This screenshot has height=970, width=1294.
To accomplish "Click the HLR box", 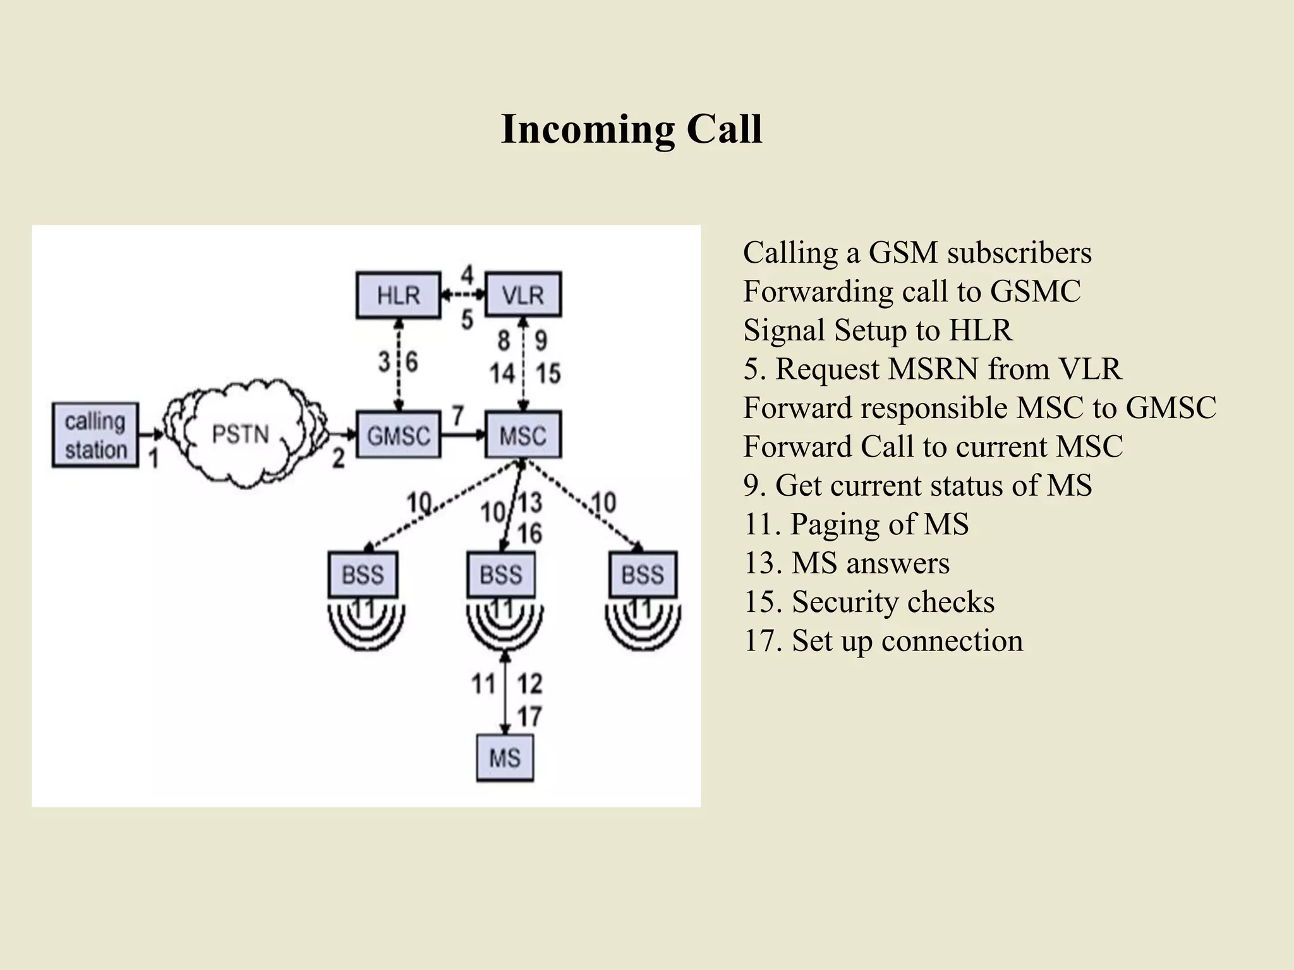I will [x=398, y=295].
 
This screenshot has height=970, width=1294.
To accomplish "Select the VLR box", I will [x=523, y=295].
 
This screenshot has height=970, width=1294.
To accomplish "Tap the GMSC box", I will [x=398, y=435].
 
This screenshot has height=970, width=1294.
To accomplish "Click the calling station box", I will [x=95, y=435].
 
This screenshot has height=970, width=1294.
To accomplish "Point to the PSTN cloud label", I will [x=240, y=434].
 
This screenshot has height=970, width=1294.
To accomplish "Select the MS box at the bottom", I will [x=504, y=758].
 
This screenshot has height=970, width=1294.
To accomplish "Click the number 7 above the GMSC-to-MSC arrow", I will [x=458, y=416].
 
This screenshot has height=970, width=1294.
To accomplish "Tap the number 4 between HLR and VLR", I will [x=467, y=275].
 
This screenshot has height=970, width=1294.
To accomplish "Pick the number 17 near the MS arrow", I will [x=529, y=717].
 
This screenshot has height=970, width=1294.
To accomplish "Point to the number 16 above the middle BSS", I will [x=529, y=534].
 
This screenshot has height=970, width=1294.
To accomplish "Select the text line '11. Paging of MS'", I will [x=856, y=524].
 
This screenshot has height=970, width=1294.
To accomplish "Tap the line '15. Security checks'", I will [x=869, y=602].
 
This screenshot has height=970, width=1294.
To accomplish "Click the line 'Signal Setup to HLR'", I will [x=878, y=330].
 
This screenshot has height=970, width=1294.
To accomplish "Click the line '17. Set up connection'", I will [x=883, y=640].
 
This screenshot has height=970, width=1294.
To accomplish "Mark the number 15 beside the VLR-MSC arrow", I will [x=548, y=373].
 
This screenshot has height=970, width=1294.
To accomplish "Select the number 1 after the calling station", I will [x=154, y=458].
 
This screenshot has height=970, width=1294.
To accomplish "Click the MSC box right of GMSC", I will [x=523, y=435].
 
